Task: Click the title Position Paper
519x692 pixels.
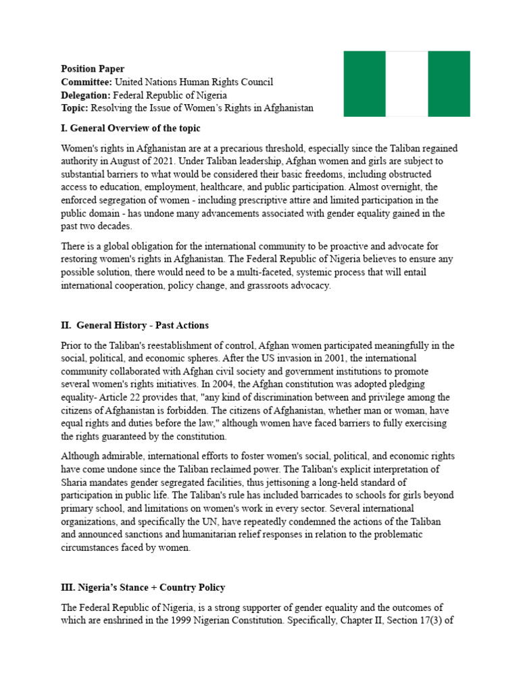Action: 93,69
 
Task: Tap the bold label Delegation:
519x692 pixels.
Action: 86,95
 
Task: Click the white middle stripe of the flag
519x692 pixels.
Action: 407,84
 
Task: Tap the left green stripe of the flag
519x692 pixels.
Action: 364,84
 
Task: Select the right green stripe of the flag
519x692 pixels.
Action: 449,84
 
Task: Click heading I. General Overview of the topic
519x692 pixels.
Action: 130,128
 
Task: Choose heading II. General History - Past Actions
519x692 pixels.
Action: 134,325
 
